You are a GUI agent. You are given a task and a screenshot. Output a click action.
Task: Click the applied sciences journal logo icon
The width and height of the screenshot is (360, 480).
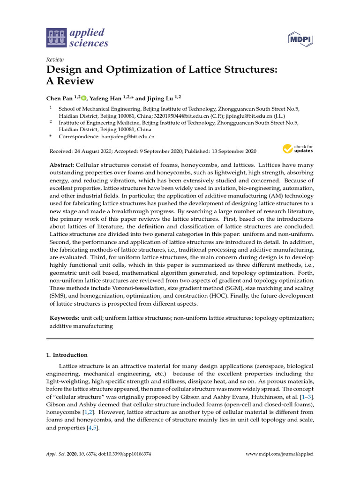coord(56,38)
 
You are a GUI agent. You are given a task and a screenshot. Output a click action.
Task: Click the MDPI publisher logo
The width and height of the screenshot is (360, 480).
coord(300,39)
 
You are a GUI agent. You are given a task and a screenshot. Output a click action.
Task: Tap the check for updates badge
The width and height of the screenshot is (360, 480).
coord(298,149)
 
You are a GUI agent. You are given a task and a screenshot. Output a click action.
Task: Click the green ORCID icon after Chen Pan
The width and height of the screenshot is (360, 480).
coord(83,98)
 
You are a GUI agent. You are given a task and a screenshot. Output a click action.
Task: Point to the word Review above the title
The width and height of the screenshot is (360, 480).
coord(55,60)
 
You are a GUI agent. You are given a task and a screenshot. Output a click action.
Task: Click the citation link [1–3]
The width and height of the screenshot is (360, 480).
coord(306,397)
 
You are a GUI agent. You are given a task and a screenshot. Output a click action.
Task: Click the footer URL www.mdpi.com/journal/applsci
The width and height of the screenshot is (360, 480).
coord(280,454)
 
